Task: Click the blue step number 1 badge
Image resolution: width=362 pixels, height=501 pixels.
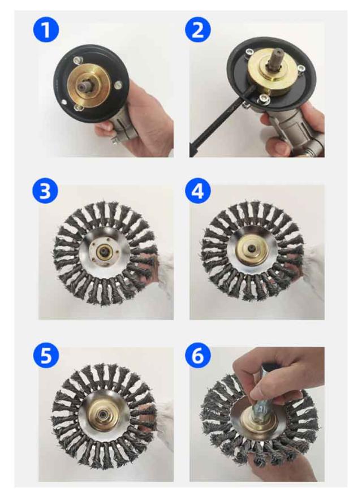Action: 46,29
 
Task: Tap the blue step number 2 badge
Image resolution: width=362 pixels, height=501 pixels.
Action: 198,29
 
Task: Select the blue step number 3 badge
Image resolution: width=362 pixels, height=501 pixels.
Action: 45,191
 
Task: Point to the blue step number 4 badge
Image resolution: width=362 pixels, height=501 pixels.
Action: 198,191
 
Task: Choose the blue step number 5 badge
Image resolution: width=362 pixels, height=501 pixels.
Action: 46,355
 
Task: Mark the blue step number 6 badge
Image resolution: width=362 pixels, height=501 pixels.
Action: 198,355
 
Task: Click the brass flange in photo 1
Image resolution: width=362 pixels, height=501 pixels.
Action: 89,85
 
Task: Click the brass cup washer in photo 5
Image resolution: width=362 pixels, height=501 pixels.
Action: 104,413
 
